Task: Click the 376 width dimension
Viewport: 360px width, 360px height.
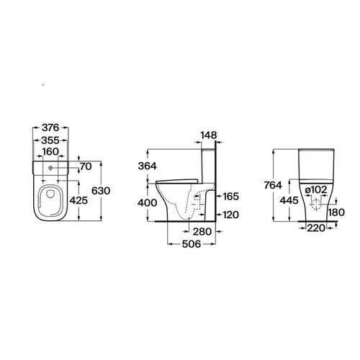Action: pyautogui.click(x=50, y=127)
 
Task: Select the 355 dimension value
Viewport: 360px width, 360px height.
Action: pyautogui.click(x=50, y=140)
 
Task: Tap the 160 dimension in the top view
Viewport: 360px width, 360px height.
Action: pyautogui.click(x=50, y=152)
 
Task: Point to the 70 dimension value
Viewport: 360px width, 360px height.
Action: pyautogui.click(x=86, y=166)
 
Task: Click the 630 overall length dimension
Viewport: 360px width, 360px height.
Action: pyautogui.click(x=101, y=191)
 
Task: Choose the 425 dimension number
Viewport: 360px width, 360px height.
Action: pyautogui.click(x=78, y=200)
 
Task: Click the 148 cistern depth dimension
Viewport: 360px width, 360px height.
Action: pyautogui.click(x=209, y=135)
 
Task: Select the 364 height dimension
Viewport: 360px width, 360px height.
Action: pyautogui.click(x=148, y=166)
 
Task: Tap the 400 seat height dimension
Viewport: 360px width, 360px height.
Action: pyautogui.click(x=148, y=203)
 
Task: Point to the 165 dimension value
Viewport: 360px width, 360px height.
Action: pyautogui.click(x=231, y=197)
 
